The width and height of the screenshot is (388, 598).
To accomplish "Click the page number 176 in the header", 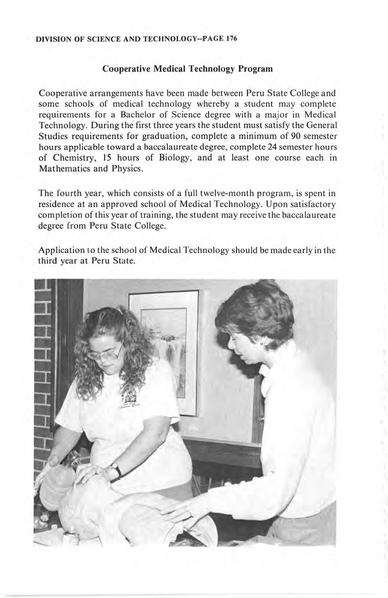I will click(x=232, y=39).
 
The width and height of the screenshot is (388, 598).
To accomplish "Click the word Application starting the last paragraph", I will click(x=61, y=250).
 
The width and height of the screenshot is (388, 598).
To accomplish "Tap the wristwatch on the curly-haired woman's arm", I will click(x=116, y=469).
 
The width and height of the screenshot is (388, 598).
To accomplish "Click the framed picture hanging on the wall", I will click(x=164, y=350).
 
